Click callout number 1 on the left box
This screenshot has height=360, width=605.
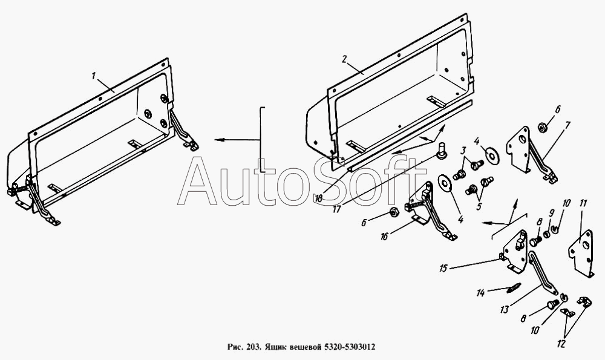[93, 76]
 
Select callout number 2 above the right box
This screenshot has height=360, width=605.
[345, 59]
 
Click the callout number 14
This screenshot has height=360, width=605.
[480, 293]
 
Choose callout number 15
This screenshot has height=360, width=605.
[443, 268]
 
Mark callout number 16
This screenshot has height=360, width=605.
[384, 237]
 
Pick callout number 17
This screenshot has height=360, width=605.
[338, 209]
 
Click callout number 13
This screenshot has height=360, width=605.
[504, 309]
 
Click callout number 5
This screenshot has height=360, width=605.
[479, 206]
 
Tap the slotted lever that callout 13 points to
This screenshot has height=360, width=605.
[541, 272]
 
